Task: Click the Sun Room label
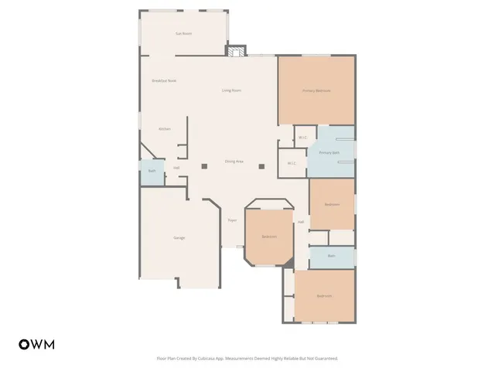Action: coord(183,33)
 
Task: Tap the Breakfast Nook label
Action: coord(164,80)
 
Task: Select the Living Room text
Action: coord(231,90)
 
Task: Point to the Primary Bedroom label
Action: coord(316,90)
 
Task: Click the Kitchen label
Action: coord(165,128)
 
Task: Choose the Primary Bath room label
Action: coord(330,153)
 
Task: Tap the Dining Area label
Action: coord(234,162)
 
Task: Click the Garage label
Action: coord(179,237)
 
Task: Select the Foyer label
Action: coord(232,220)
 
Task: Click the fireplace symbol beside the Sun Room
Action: coord(236,51)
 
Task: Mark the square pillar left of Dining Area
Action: coord(204,165)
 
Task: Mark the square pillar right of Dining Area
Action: coord(261,165)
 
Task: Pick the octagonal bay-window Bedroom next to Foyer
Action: coord(269,236)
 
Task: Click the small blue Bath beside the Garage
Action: coord(152,172)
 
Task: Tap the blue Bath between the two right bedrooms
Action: coord(331,256)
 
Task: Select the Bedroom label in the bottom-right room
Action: coord(324,296)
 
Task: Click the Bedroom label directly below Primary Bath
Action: coord(332,204)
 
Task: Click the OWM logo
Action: coord(36,344)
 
